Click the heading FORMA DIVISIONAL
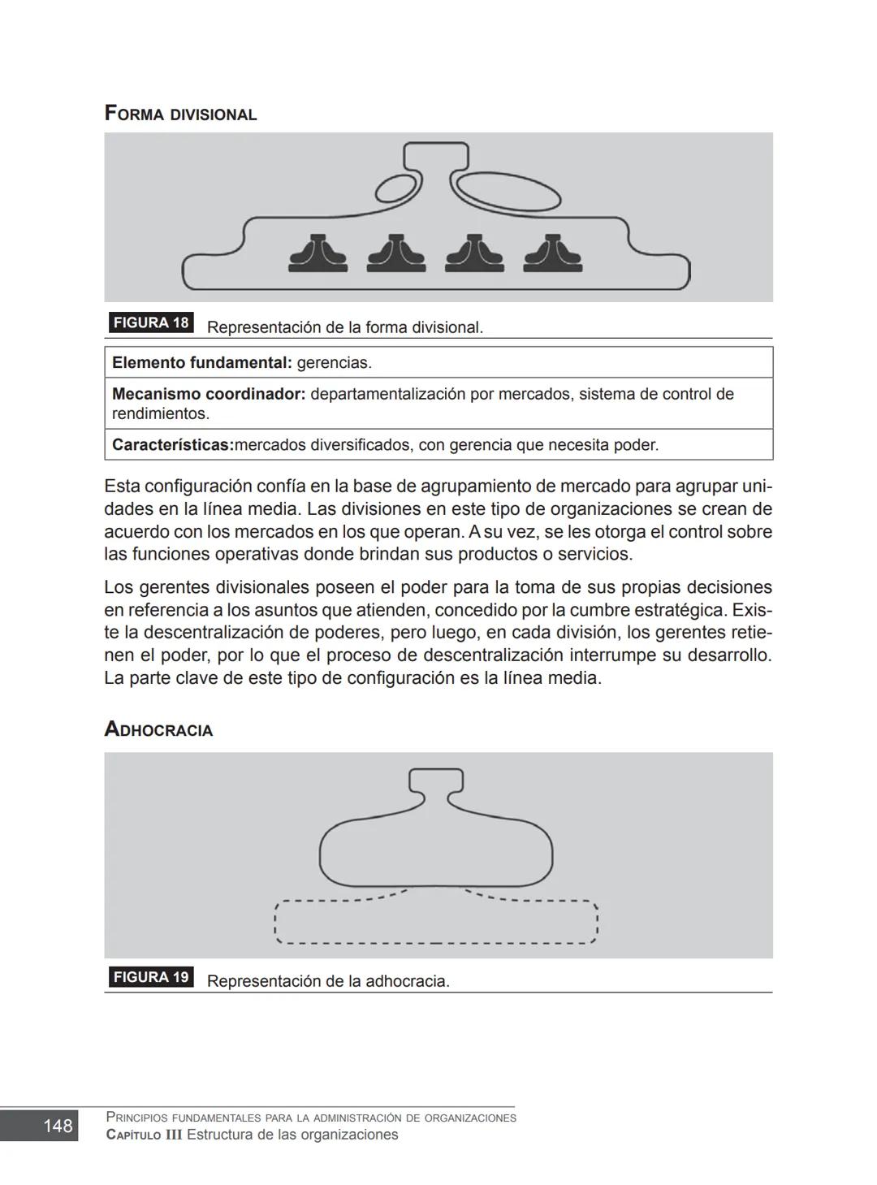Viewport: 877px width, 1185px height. click(180, 114)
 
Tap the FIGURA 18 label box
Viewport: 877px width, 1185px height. click(151, 322)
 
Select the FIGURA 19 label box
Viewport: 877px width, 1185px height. click(151, 977)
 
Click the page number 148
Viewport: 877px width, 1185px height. click(58, 1126)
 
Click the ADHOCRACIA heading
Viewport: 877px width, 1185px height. click(158, 729)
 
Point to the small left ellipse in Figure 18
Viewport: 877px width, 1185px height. click(397, 188)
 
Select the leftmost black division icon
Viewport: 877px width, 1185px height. click(318, 253)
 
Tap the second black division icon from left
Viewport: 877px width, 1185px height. click(396, 253)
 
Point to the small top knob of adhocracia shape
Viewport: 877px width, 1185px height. click(436, 781)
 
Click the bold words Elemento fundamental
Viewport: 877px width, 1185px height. click(201, 363)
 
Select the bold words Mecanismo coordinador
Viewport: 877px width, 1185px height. click(208, 394)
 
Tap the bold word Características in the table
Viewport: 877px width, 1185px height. click(172, 445)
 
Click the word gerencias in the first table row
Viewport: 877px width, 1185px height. click(333, 363)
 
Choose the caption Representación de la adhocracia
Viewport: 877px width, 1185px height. click(328, 981)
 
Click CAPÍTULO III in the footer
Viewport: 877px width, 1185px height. click(144, 1135)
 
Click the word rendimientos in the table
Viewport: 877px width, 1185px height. click(160, 413)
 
